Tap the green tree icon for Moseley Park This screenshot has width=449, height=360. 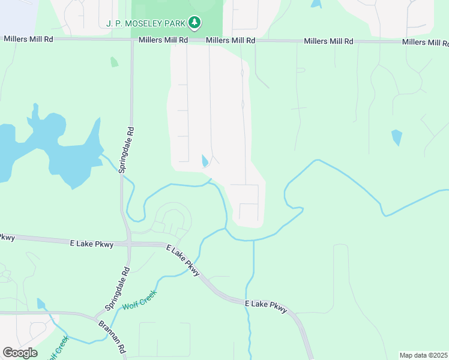click(194, 23)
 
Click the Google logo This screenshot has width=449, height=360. click(20, 353)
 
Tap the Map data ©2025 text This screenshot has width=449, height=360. click(424, 355)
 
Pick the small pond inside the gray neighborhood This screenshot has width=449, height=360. click(205, 161)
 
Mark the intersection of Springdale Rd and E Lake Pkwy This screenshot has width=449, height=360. click(128, 244)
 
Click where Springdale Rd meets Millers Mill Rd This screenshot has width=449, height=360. click(132, 40)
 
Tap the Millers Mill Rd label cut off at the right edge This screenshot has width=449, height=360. click(425, 43)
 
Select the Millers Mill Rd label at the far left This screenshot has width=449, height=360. click(28, 38)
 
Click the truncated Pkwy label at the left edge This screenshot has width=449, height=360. click(7, 237)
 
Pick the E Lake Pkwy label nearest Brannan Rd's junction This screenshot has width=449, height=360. click(267, 307)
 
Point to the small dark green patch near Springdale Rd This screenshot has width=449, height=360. click(114, 62)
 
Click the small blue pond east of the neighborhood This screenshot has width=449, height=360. click(396, 137)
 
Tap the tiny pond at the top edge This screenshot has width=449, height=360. click(316, 4)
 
